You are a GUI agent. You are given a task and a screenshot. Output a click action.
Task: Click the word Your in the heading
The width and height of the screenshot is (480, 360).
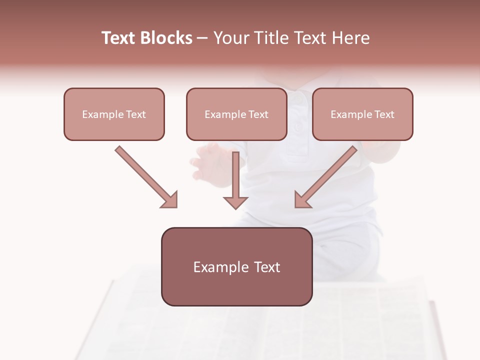click(231, 38)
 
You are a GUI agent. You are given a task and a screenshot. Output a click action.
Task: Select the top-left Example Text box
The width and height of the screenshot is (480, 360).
click(114, 114)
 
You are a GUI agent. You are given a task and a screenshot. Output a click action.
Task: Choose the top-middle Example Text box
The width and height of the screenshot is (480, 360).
click(236, 114)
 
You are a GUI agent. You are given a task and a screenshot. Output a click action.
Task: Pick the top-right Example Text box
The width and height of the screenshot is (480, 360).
click(362, 114)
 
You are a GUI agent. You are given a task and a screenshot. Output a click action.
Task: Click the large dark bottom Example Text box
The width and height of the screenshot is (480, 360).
click(236, 266)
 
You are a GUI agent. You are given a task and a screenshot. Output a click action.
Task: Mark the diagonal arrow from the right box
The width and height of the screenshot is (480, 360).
click(330, 173)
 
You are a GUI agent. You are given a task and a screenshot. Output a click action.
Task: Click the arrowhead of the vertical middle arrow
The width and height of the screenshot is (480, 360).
click(235, 202)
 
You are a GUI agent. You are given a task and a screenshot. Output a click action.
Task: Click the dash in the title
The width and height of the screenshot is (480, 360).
click(202, 38)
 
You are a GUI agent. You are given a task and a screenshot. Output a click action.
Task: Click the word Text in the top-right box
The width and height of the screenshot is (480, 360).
click(384, 114)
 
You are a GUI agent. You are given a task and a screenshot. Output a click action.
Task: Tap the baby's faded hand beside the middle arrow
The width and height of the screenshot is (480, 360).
click(206, 162)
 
